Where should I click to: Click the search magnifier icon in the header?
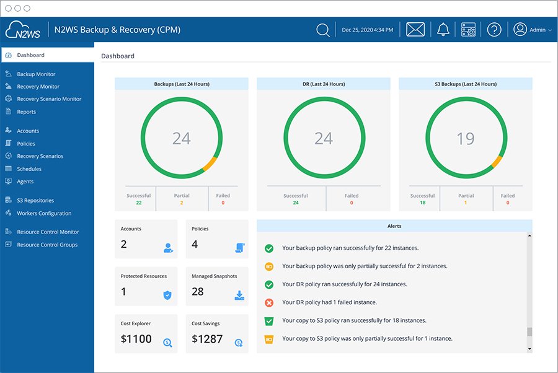[322, 30]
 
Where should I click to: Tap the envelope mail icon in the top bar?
[415, 30]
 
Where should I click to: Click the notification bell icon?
[443, 30]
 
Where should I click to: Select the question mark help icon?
[494, 30]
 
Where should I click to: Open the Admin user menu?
[532, 30]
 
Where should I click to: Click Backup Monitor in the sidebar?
[36, 74]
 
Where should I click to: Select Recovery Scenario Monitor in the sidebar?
[49, 99]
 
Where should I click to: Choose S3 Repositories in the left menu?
[35, 201]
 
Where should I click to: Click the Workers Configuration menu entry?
[44, 213]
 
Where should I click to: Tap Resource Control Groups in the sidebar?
[47, 245]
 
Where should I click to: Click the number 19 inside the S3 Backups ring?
[466, 139]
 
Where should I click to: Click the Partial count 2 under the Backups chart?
[182, 203]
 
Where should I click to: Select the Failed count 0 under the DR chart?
[352, 203]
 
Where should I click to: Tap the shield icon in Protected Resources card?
[167, 295]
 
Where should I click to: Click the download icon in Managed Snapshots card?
[239, 295]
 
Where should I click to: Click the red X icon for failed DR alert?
[269, 302]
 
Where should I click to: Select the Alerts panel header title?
[394, 226]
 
